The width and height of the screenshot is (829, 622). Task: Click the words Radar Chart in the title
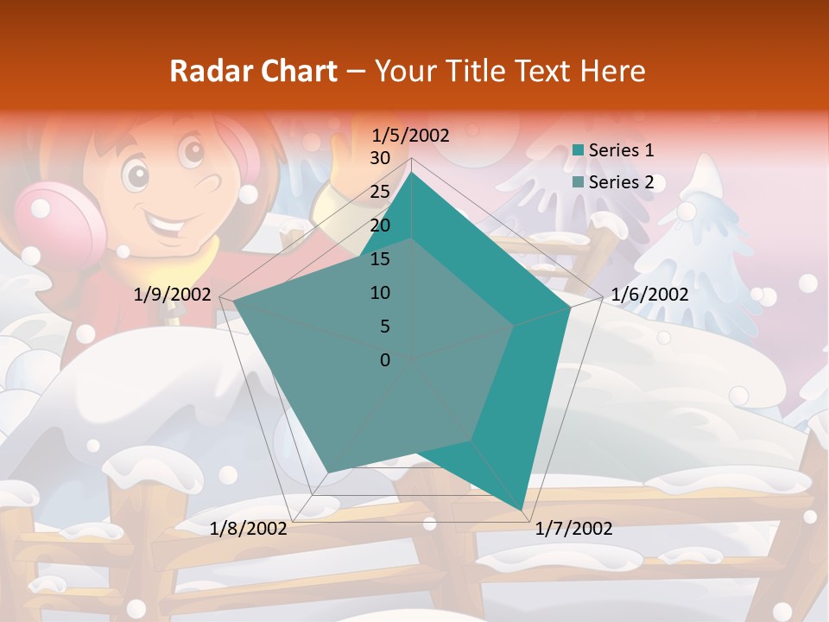[253, 71]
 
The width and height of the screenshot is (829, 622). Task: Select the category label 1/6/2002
[649, 295]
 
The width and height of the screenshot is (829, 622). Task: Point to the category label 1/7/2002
[573, 529]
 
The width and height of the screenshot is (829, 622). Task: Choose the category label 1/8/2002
[249, 529]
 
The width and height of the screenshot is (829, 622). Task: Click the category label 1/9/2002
[173, 295]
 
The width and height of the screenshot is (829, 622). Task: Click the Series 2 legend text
[621, 182]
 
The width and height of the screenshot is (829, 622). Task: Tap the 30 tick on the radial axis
[379, 158]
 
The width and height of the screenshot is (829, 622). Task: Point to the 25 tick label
[379, 192]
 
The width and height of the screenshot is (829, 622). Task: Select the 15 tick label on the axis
[379, 259]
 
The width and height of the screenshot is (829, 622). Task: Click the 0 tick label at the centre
[385, 360]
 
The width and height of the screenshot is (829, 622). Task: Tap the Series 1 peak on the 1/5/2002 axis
[412, 172]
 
